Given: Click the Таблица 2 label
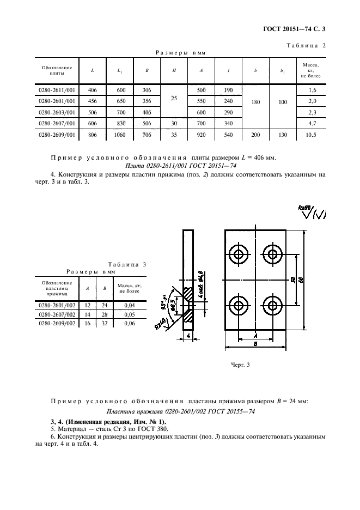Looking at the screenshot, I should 304,46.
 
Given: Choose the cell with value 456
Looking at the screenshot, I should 92,101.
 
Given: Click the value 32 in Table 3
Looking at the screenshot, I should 103,323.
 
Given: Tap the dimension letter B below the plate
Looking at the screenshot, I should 254,345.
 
